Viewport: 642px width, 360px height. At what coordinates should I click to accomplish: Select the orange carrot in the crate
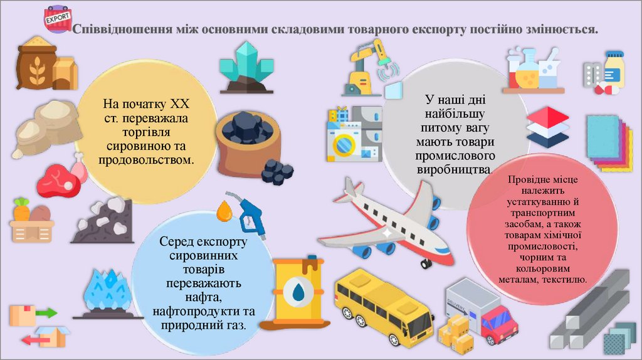click(x=23, y=210)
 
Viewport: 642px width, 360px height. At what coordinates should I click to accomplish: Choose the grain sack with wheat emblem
click(x=37, y=65)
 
